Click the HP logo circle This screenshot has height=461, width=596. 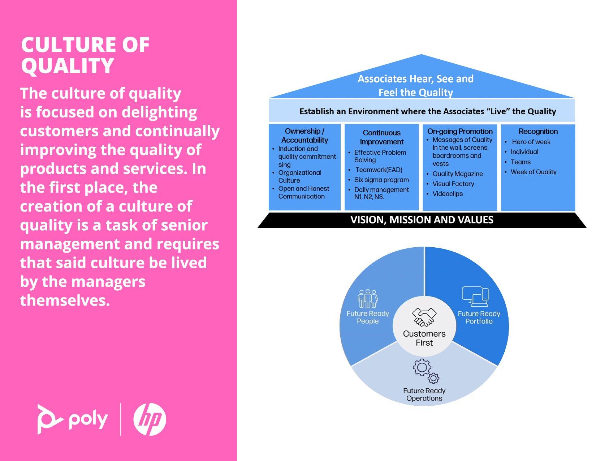pyautogui.click(x=150, y=419)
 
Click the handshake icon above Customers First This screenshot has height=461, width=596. pyautogui.click(x=424, y=317)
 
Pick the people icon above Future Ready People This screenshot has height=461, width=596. pyautogui.click(x=368, y=298)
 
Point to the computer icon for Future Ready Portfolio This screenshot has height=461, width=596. pyautogui.click(x=475, y=297)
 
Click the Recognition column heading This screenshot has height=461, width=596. pyautogui.click(x=538, y=131)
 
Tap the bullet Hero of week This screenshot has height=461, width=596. pyautogui.click(x=531, y=142)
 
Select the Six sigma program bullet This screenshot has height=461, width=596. pyautogui.click(x=381, y=180)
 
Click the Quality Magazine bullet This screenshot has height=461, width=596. pyautogui.click(x=458, y=174)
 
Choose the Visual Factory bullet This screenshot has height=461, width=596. pyautogui.click(x=453, y=184)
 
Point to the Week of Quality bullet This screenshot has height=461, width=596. pyautogui.click(x=534, y=172)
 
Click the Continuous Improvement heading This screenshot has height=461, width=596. pyautogui.click(x=381, y=137)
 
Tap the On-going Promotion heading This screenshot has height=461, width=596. pyautogui.click(x=460, y=131)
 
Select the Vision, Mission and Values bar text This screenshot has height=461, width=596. pyautogui.click(x=422, y=220)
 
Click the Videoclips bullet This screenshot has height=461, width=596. pyautogui.click(x=448, y=194)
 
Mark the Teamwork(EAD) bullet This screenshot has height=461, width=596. pyautogui.click(x=379, y=170)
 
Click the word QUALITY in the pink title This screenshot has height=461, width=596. pyautogui.click(x=68, y=66)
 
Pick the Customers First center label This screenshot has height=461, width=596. pyautogui.click(x=424, y=338)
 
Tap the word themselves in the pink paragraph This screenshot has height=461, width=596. pyautogui.click(x=65, y=300)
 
